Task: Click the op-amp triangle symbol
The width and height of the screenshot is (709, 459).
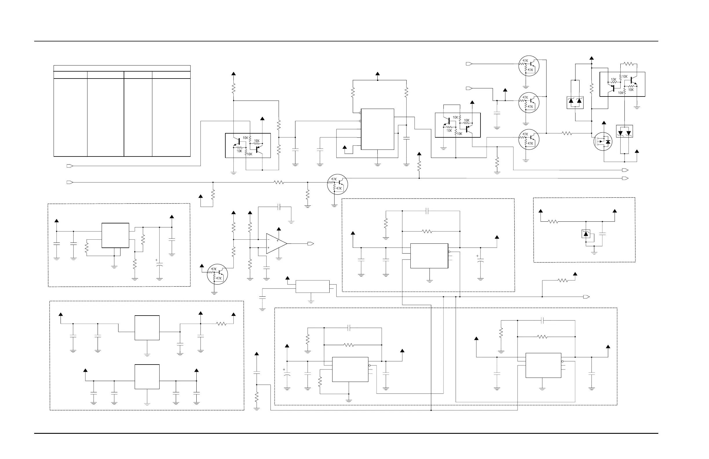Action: coord(276,244)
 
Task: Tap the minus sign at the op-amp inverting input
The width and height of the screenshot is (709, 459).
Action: coord(268,239)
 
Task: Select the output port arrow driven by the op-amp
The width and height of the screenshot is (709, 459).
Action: coord(311,244)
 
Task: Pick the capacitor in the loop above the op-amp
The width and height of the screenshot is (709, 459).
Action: coord(279,207)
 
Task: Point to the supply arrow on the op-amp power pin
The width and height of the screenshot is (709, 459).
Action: coord(279,229)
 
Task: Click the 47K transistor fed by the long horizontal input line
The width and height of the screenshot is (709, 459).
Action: coord(337,184)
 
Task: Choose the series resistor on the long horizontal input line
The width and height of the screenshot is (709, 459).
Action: coord(279,182)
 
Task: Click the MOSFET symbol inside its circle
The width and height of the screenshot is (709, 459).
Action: coord(603,142)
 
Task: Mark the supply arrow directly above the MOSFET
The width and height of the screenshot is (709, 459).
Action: coord(604,123)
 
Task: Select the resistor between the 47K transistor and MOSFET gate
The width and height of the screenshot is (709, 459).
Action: coord(567,133)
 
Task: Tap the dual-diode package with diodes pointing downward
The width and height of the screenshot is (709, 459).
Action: coord(624,132)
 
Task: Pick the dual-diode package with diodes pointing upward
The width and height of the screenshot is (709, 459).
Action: coord(575,103)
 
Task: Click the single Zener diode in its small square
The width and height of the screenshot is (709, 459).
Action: coord(586,234)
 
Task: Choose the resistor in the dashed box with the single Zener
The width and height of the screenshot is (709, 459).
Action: coord(553,221)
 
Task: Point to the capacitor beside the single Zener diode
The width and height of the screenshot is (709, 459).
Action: coord(602,234)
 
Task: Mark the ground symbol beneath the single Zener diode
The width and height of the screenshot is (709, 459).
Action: coord(594,253)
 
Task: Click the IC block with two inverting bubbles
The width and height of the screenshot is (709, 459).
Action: coord(377,129)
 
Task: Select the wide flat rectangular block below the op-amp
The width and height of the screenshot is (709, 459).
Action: coord(313,286)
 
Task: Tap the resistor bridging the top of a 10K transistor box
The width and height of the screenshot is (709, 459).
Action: coord(628,64)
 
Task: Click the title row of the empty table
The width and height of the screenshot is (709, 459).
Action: coord(122,68)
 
